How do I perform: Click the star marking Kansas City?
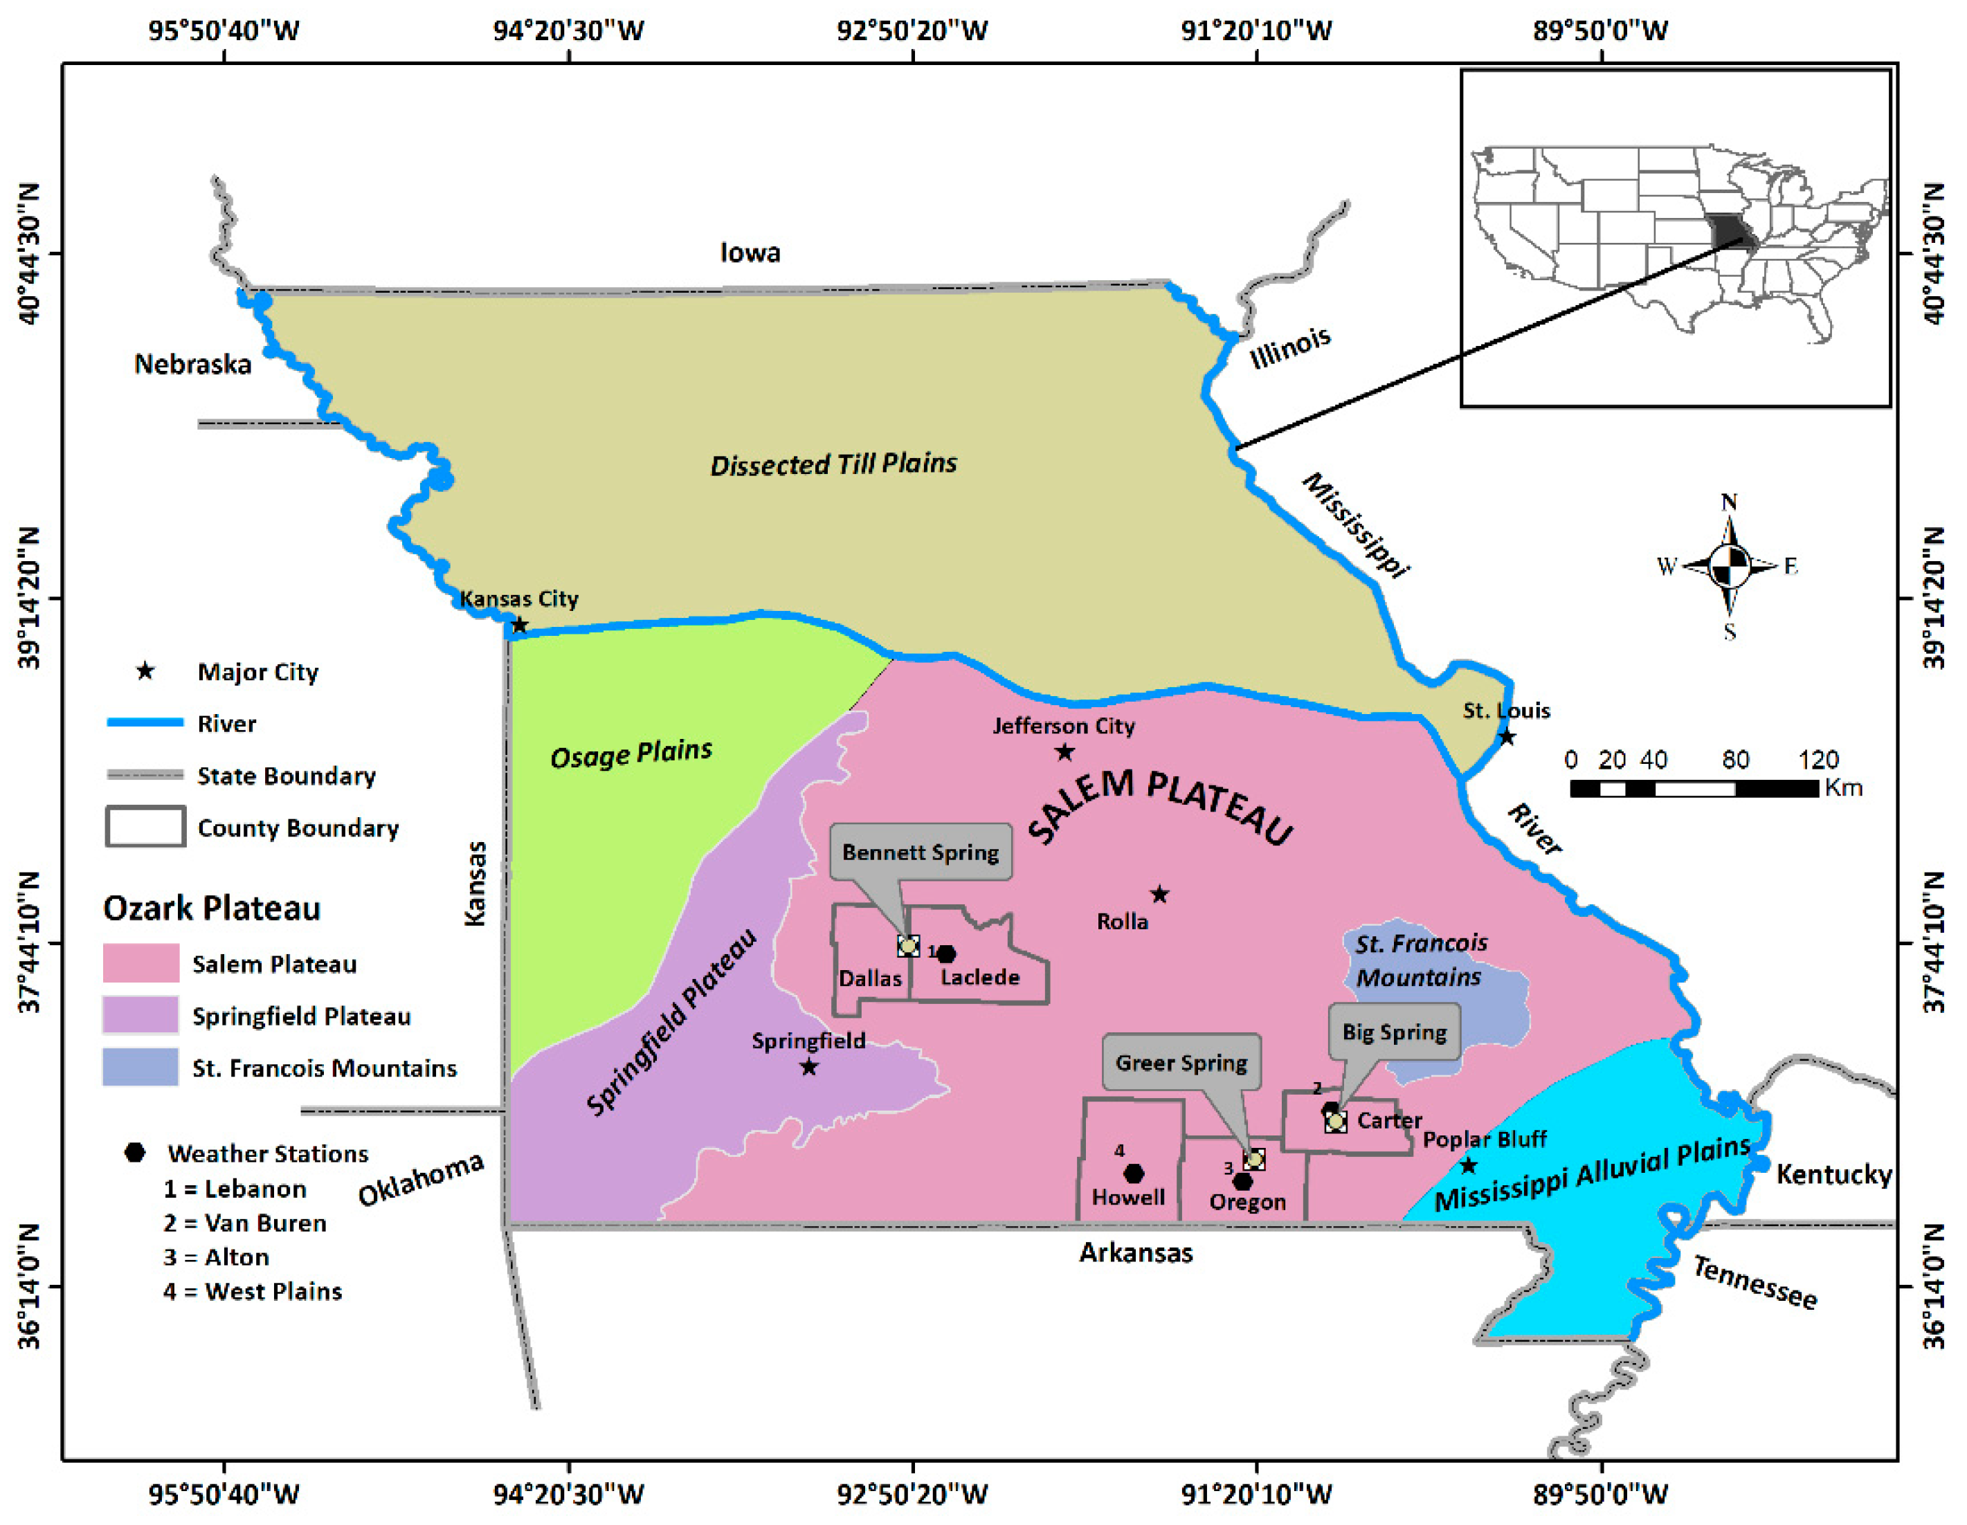pos(520,625)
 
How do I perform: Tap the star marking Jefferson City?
pos(1064,751)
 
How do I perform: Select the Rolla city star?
pos(1160,894)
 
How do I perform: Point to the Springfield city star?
pos(809,1067)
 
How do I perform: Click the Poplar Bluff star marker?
pos(1468,1166)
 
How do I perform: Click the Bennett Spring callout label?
pos(921,852)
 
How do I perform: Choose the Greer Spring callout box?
pos(1181,1062)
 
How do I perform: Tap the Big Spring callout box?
pos(1394,1032)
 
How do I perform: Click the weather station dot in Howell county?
pos(1134,1173)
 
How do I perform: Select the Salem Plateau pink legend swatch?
pos(140,963)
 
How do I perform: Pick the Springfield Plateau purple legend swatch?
pos(140,1016)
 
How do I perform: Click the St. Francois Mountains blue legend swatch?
pos(140,1068)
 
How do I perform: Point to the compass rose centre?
pos(1729,566)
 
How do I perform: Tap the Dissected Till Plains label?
pos(833,464)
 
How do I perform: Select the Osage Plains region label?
pos(631,754)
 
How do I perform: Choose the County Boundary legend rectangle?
pos(146,826)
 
